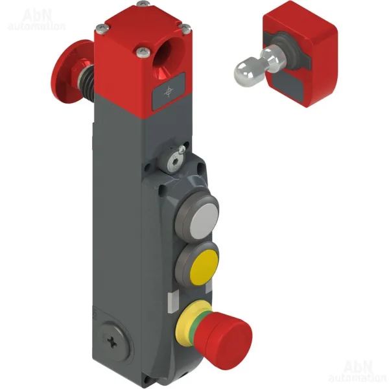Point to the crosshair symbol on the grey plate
pos(168,91)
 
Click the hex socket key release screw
pos(172,162)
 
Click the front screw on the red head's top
pos(143,52)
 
